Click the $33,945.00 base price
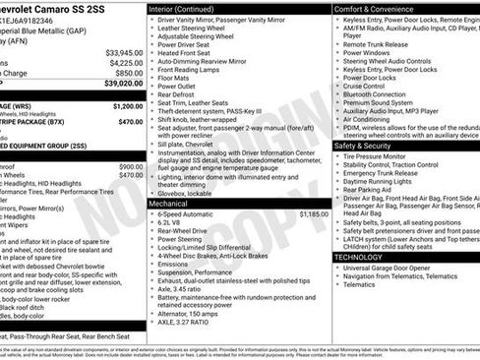click(x=124, y=52)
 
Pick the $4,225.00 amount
click(x=125, y=62)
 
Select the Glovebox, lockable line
click(x=195, y=194)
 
